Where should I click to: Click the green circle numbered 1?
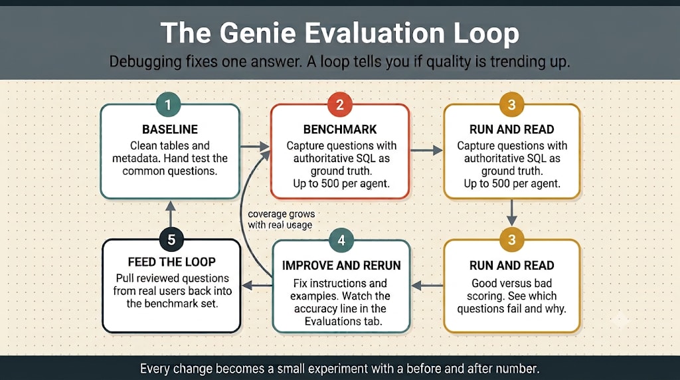[x=168, y=104]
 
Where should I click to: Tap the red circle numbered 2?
[x=340, y=104]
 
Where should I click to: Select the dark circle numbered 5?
[x=171, y=239]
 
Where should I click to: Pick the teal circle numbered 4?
[x=341, y=240]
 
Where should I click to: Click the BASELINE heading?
[x=170, y=130]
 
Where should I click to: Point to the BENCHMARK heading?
[x=340, y=130]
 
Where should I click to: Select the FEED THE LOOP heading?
[x=172, y=262]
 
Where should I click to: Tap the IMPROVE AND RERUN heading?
[x=341, y=266]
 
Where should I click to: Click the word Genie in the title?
[x=258, y=33]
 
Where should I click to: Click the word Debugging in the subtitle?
[x=145, y=62]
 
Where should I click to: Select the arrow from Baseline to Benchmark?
[x=254, y=147]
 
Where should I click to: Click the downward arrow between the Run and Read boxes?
[x=512, y=213]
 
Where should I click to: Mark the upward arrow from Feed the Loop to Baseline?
[x=171, y=213]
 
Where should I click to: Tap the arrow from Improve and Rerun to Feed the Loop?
[x=257, y=286]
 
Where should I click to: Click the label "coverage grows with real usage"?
[x=281, y=219]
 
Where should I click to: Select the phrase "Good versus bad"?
[x=512, y=283]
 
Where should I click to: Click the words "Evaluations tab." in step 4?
[x=343, y=322]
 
